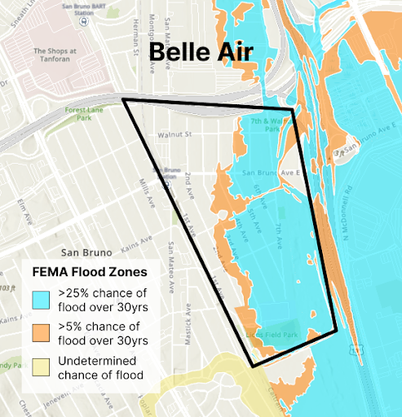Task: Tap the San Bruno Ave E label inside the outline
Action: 271,173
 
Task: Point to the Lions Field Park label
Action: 273,335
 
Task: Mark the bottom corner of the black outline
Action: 254,367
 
